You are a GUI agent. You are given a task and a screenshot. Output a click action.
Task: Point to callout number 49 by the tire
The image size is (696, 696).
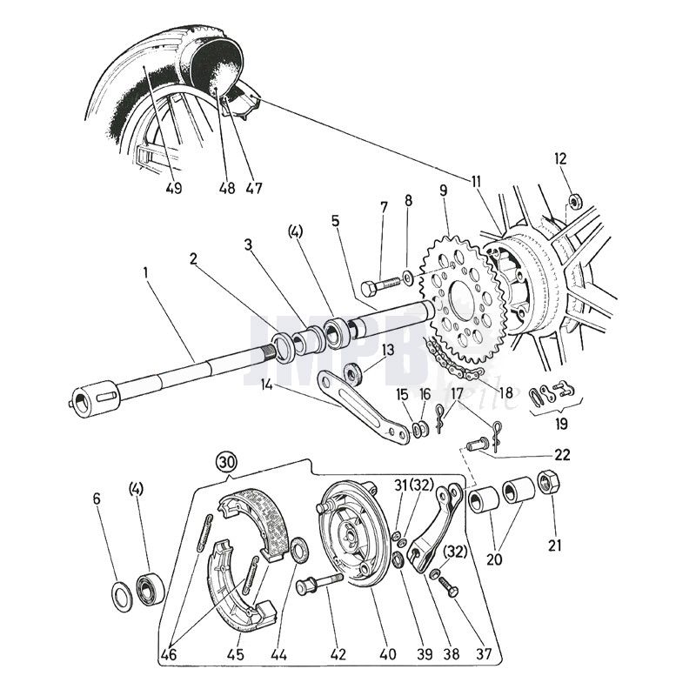173,187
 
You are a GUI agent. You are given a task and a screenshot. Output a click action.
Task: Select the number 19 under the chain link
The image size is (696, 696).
562,424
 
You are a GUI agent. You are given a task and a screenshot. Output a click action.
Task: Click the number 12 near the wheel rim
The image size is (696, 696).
560,158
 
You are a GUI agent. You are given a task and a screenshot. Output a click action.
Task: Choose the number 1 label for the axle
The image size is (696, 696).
146,271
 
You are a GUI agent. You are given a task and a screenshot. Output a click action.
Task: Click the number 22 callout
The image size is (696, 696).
562,453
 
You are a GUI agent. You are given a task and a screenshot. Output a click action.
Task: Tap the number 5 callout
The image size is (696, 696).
335,221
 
